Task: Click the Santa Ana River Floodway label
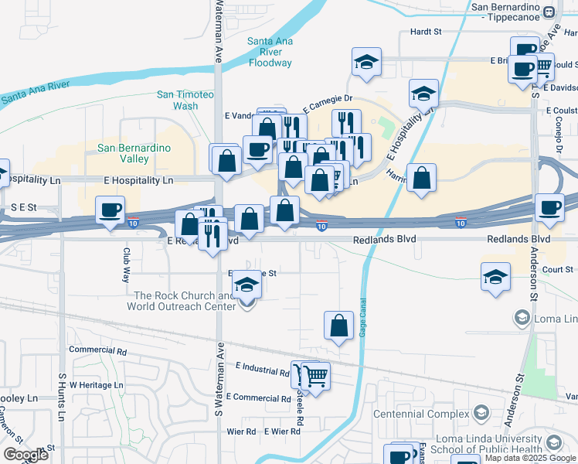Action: pos(270,52)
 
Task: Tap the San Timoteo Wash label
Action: pos(185,100)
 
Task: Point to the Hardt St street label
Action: pos(425,32)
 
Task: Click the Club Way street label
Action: pos(127,265)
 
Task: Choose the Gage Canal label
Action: pos(362,318)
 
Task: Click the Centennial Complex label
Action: pos(421,413)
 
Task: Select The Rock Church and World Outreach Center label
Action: pos(184,301)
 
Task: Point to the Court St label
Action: pos(557,270)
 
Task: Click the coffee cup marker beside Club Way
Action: pos(110,210)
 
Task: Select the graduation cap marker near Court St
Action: pos(495,277)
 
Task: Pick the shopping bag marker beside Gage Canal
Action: pos(338,325)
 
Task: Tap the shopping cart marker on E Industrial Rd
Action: pos(315,376)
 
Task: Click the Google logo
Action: pos(25,455)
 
